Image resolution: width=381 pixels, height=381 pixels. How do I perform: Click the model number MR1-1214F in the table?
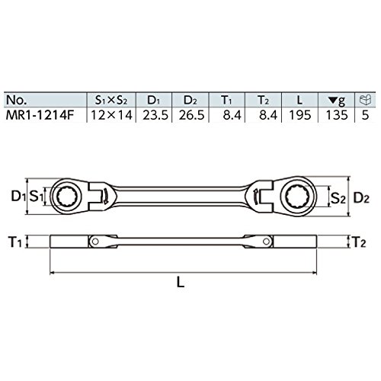tap(40, 115)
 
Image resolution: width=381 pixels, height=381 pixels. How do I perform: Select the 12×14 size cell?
tap(111, 115)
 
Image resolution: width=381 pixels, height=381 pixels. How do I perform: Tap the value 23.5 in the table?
tap(155, 115)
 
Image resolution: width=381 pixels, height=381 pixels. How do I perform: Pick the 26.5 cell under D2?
tap(191, 115)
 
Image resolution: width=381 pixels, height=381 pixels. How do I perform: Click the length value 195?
tap(300, 115)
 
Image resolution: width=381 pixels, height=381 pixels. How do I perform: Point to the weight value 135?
tap(337, 115)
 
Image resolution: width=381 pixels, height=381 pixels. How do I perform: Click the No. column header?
tap(17, 100)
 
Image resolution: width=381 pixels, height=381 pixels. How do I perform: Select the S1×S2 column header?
tap(111, 101)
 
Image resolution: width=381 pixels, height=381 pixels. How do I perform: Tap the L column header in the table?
tap(300, 100)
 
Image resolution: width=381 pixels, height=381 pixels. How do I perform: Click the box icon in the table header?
tap(366, 100)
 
